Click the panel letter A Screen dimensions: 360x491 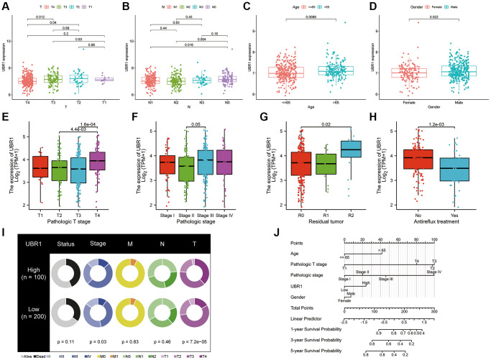[x=5, y=5]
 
